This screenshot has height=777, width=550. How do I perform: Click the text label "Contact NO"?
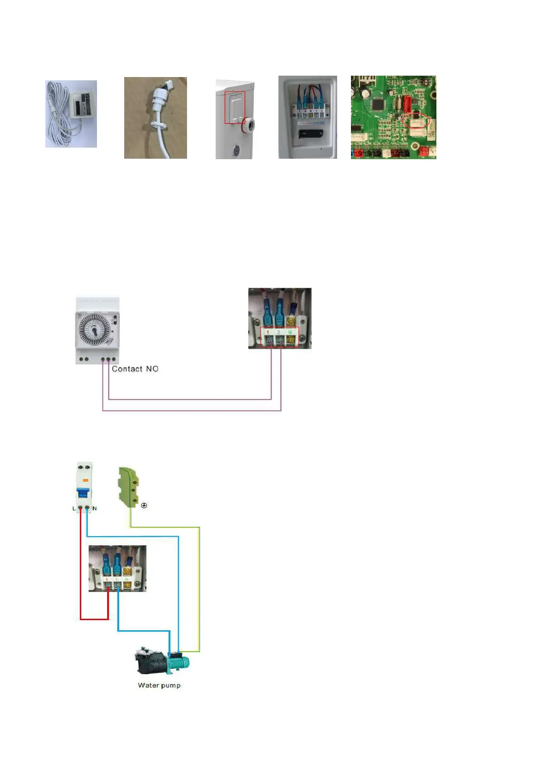(x=135, y=369)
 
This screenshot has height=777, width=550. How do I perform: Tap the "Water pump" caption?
(x=159, y=685)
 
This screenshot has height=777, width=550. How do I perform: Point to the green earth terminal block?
(x=129, y=487)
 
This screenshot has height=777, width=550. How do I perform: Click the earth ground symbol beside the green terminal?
(x=144, y=506)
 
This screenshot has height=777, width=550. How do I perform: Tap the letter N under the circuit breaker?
(x=95, y=508)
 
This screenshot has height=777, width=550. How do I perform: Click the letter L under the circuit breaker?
(x=74, y=508)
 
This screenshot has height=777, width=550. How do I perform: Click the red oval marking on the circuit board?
(x=416, y=121)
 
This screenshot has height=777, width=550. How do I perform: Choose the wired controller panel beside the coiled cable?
(x=82, y=104)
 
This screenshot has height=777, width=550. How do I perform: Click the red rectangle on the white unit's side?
(x=235, y=107)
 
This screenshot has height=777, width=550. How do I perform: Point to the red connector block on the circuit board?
(x=407, y=104)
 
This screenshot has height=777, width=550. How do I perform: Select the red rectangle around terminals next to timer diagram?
(x=280, y=337)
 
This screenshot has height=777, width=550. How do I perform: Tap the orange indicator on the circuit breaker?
(x=85, y=480)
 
